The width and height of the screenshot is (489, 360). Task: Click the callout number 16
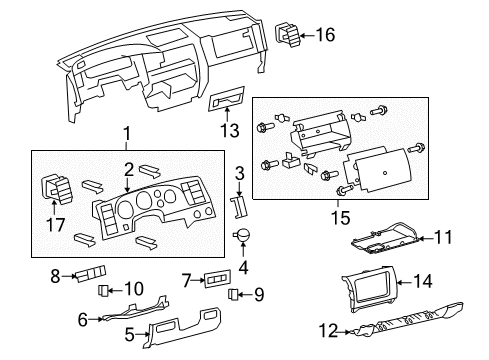[326, 36]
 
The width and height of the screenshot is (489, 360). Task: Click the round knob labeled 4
[241, 236]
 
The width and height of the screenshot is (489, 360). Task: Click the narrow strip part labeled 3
[238, 204]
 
